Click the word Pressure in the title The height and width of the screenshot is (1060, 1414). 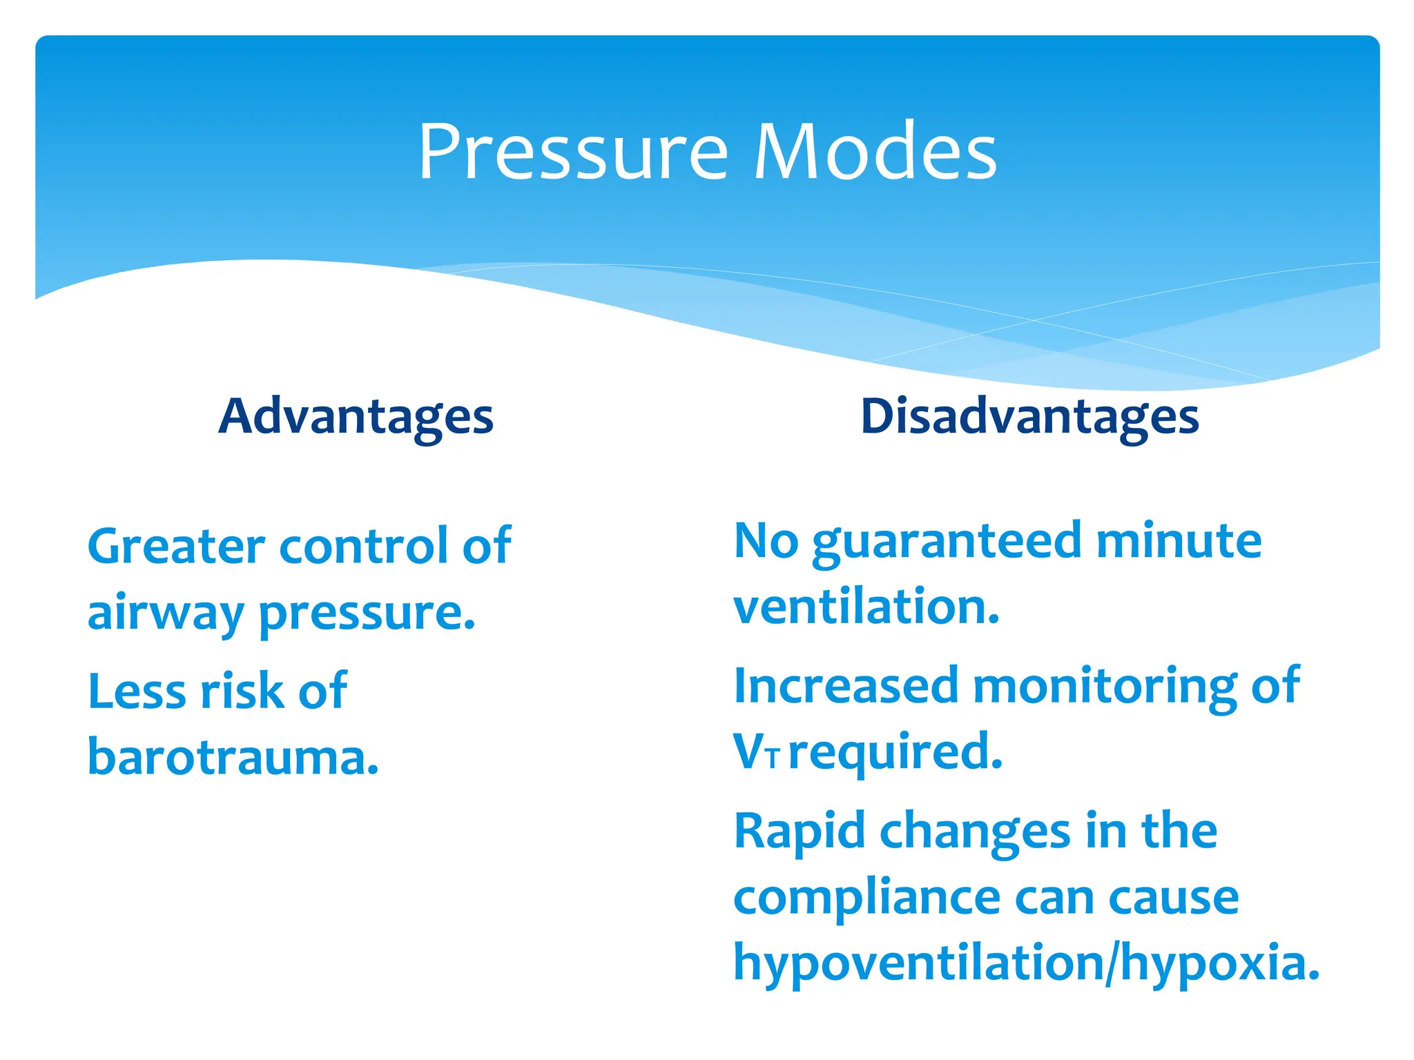573,152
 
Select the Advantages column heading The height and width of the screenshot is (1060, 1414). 356,417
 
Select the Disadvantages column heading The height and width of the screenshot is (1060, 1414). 1029,417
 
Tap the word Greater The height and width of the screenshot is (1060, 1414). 176,547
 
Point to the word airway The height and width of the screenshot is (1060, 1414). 165,613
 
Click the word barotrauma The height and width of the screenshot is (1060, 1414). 233,757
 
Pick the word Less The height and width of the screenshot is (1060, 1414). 137,691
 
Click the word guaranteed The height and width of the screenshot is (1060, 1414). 947,542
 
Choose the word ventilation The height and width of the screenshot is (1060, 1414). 866,607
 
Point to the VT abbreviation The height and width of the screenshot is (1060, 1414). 755,752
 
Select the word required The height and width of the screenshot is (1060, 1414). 895,752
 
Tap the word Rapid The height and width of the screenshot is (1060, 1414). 799,832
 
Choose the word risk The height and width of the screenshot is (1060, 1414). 242,691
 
